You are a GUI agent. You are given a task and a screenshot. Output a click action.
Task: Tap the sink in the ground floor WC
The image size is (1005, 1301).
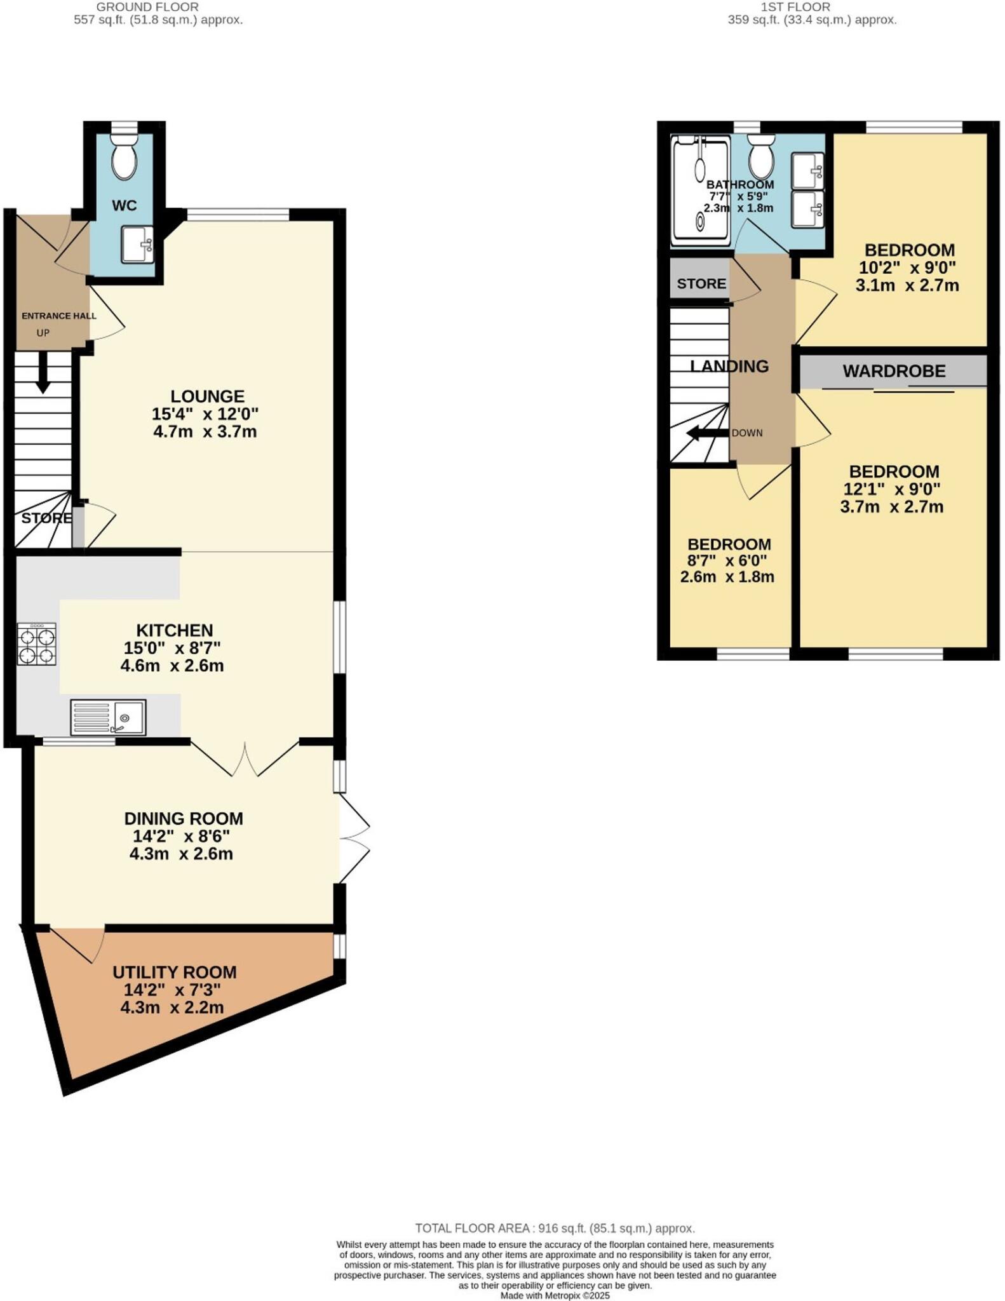click(x=137, y=245)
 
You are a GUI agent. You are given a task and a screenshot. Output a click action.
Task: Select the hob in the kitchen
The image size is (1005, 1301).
click(x=36, y=644)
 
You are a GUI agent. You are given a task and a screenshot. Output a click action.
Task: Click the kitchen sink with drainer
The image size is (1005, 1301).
click(x=108, y=717)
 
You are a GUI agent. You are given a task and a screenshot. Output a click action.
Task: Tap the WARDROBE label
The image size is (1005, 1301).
click(x=894, y=371)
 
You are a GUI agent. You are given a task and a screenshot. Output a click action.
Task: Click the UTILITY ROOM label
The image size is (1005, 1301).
click(x=174, y=972)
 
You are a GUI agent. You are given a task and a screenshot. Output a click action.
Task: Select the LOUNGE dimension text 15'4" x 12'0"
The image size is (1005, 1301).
click(x=205, y=414)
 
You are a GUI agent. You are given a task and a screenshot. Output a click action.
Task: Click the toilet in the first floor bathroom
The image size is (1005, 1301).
click(x=760, y=157)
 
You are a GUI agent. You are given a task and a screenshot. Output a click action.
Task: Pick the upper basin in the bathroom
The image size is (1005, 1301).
click(x=807, y=171)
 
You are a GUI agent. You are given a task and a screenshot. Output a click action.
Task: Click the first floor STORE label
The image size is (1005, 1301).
click(x=701, y=284)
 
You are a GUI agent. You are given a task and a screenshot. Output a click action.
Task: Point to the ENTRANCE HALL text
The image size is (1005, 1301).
click(x=59, y=316)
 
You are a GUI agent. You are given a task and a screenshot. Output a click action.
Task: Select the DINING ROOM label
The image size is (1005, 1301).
click(x=183, y=818)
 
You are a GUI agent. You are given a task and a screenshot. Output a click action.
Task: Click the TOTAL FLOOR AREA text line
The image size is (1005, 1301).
click(x=555, y=1229)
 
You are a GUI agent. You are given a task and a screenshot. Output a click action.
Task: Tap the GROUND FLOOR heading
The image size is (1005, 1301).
click(x=147, y=7)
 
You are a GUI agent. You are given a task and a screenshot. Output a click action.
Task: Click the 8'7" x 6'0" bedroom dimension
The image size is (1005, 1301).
click(x=727, y=561)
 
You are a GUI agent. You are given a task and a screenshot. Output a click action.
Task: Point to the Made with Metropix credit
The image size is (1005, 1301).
click(x=555, y=1295)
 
